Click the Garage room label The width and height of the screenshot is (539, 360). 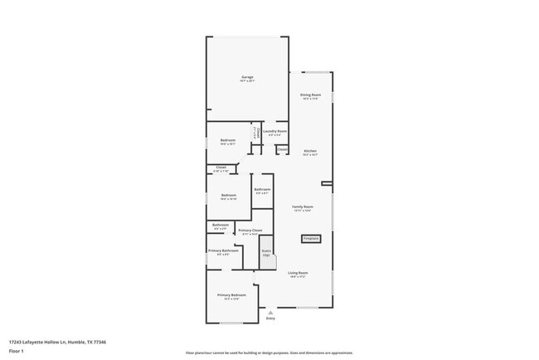point(247,77)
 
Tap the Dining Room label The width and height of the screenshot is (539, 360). point(311,95)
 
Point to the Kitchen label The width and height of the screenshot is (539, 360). point(310,151)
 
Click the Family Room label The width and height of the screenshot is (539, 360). point(303,207)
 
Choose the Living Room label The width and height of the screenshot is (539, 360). point(298,273)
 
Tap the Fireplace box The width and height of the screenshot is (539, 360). point(311,238)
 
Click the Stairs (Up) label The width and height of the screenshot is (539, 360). point(266,252)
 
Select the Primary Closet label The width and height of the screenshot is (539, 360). point(250,231)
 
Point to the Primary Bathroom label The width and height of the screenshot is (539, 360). point(223,251)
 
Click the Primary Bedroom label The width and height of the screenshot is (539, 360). point(231,295)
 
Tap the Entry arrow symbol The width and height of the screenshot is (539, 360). point(270,312)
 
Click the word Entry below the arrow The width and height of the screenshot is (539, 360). point(270,319)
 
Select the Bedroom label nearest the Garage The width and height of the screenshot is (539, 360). point(227,140)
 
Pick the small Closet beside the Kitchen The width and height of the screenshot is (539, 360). point(282,149)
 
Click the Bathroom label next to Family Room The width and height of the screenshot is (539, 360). point(262,190)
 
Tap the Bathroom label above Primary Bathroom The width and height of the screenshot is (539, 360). point(220,225)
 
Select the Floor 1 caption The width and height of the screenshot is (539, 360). point(16,351)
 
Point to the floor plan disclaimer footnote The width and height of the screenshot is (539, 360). point(269,353)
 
